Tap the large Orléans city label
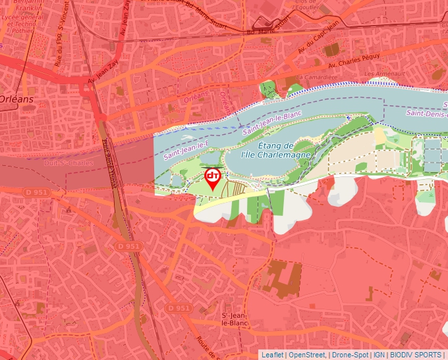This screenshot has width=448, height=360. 17,99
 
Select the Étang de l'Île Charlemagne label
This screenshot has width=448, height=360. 275,149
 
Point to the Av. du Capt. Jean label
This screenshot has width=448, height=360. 318,41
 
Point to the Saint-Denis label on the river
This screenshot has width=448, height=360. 426,113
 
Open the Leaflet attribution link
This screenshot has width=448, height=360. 273,355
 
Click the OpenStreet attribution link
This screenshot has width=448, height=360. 308,355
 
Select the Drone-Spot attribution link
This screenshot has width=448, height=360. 350,355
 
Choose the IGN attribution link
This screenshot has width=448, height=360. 379,355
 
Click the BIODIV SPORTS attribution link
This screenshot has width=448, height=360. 416,355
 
